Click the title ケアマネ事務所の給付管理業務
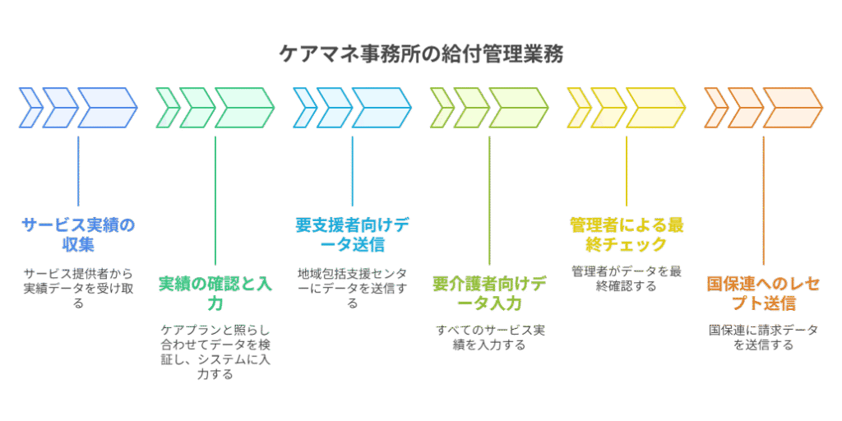[x=420, y=55]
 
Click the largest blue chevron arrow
[x=107, y=108]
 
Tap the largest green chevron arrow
[x=244, y=108]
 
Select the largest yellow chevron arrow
[x=655, y=108]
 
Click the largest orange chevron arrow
[x=792, y=108]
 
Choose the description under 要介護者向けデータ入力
[x=489, y=338]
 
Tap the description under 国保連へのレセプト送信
[x=763, y=338]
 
